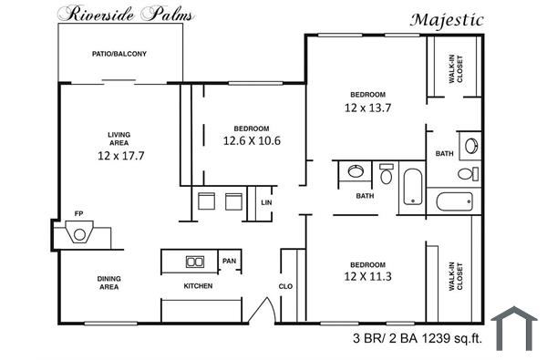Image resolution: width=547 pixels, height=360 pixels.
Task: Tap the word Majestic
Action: coord(447,19)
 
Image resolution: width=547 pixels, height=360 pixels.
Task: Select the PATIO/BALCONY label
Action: coord(119,54)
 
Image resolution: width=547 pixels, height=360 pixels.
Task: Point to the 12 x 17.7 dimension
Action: coord(119,155)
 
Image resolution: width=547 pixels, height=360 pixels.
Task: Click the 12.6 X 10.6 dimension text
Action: coord(251,141)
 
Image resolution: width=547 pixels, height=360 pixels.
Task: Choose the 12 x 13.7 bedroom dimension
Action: coord(367,108)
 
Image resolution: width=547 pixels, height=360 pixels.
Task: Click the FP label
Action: coord(78,214)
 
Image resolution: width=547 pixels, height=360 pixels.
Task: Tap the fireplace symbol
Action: coord(80,235)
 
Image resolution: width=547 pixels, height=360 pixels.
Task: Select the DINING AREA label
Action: coord(108,283)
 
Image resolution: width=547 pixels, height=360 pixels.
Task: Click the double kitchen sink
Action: coord(195,262)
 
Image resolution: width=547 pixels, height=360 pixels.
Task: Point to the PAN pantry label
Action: coord(229,262)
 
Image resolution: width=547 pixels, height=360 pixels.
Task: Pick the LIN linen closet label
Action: coord(265,202)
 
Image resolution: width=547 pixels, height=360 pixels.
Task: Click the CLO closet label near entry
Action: coord(285,286)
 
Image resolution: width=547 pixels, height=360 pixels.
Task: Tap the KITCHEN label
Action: coord(198,286)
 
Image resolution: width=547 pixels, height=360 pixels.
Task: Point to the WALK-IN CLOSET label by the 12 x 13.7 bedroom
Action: coord(452,67)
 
